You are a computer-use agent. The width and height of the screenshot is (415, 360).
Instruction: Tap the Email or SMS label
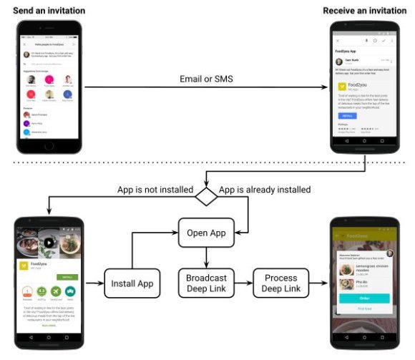pos(206,78)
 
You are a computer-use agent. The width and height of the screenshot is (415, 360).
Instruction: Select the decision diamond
pos(207,196)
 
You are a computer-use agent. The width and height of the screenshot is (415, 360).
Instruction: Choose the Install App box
pos(132,283)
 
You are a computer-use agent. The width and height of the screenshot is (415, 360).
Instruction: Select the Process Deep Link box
pos(280,283)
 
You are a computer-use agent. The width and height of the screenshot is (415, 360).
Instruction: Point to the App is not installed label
pos(155,190)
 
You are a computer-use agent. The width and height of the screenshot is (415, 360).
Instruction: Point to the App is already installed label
pos(264,190)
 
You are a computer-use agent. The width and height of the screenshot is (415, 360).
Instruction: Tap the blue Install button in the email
pos(347,115)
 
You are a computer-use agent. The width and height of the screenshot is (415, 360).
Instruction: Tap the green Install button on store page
pos(67,276)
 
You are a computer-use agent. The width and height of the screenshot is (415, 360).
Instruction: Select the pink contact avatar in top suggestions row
pos(49,78)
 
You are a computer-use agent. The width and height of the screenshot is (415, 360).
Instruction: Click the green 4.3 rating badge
pos(42,292)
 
